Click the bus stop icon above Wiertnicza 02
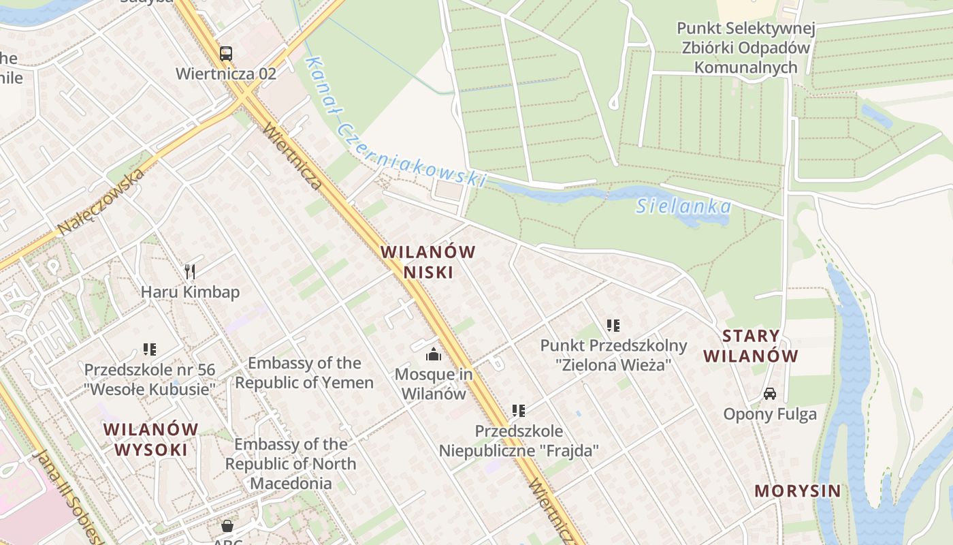[x=226, y=53]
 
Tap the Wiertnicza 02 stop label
[x=226, y=74]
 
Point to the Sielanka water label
[x=683, y=206]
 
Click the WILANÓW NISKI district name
[x=428, y=262]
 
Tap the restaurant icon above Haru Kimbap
[x=190, y=272]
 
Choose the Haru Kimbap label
[x=190, y=292]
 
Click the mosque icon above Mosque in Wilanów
[x=434, y=354]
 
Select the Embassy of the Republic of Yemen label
[x=304, y=373]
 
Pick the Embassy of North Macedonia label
[x=291, y=464]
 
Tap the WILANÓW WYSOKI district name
[x=151, y=439]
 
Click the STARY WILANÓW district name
[x=751, y=345]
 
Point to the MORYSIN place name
[x=798, y=491]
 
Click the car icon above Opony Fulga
[x=770, y=394]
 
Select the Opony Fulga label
[x=770, y=414]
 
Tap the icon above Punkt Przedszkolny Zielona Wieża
[x=613, y=326]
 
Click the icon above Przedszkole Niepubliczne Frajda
[x=519, y=411]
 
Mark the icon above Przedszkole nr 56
[x=150, y=349]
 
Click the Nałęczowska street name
[x=101, y=202]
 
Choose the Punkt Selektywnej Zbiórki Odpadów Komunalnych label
[x=745, y=48]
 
